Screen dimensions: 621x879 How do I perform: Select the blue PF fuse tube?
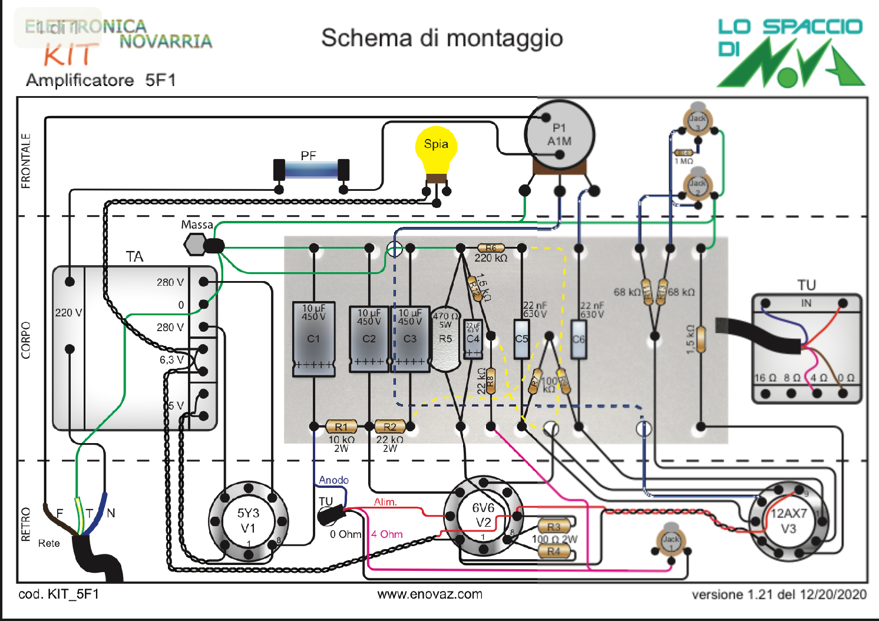pos(311,170)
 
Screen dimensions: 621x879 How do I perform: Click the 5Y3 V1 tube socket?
pos(248,521)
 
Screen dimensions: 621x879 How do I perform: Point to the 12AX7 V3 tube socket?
pos(788,521)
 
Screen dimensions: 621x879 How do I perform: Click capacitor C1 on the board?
pos(314,339)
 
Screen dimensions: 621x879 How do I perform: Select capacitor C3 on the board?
pos(410,339)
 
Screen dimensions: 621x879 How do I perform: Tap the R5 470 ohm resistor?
pos(445,339)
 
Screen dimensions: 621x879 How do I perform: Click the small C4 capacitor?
pos(473,339)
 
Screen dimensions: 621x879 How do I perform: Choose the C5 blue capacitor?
pos(521,339)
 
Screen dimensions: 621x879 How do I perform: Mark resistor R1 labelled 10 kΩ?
pos(341,427)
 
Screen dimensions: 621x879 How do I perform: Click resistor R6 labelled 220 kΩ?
pos(491,248)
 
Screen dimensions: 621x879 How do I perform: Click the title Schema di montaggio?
pos(442,38)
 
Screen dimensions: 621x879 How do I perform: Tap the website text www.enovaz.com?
pos(430,594)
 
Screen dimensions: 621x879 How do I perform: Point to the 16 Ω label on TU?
pos(765,378)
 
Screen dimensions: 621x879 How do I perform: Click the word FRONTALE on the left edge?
pos(26,161)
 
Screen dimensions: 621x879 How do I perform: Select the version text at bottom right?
pos(779,594)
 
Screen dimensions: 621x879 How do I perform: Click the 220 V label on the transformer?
pos(68,312)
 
